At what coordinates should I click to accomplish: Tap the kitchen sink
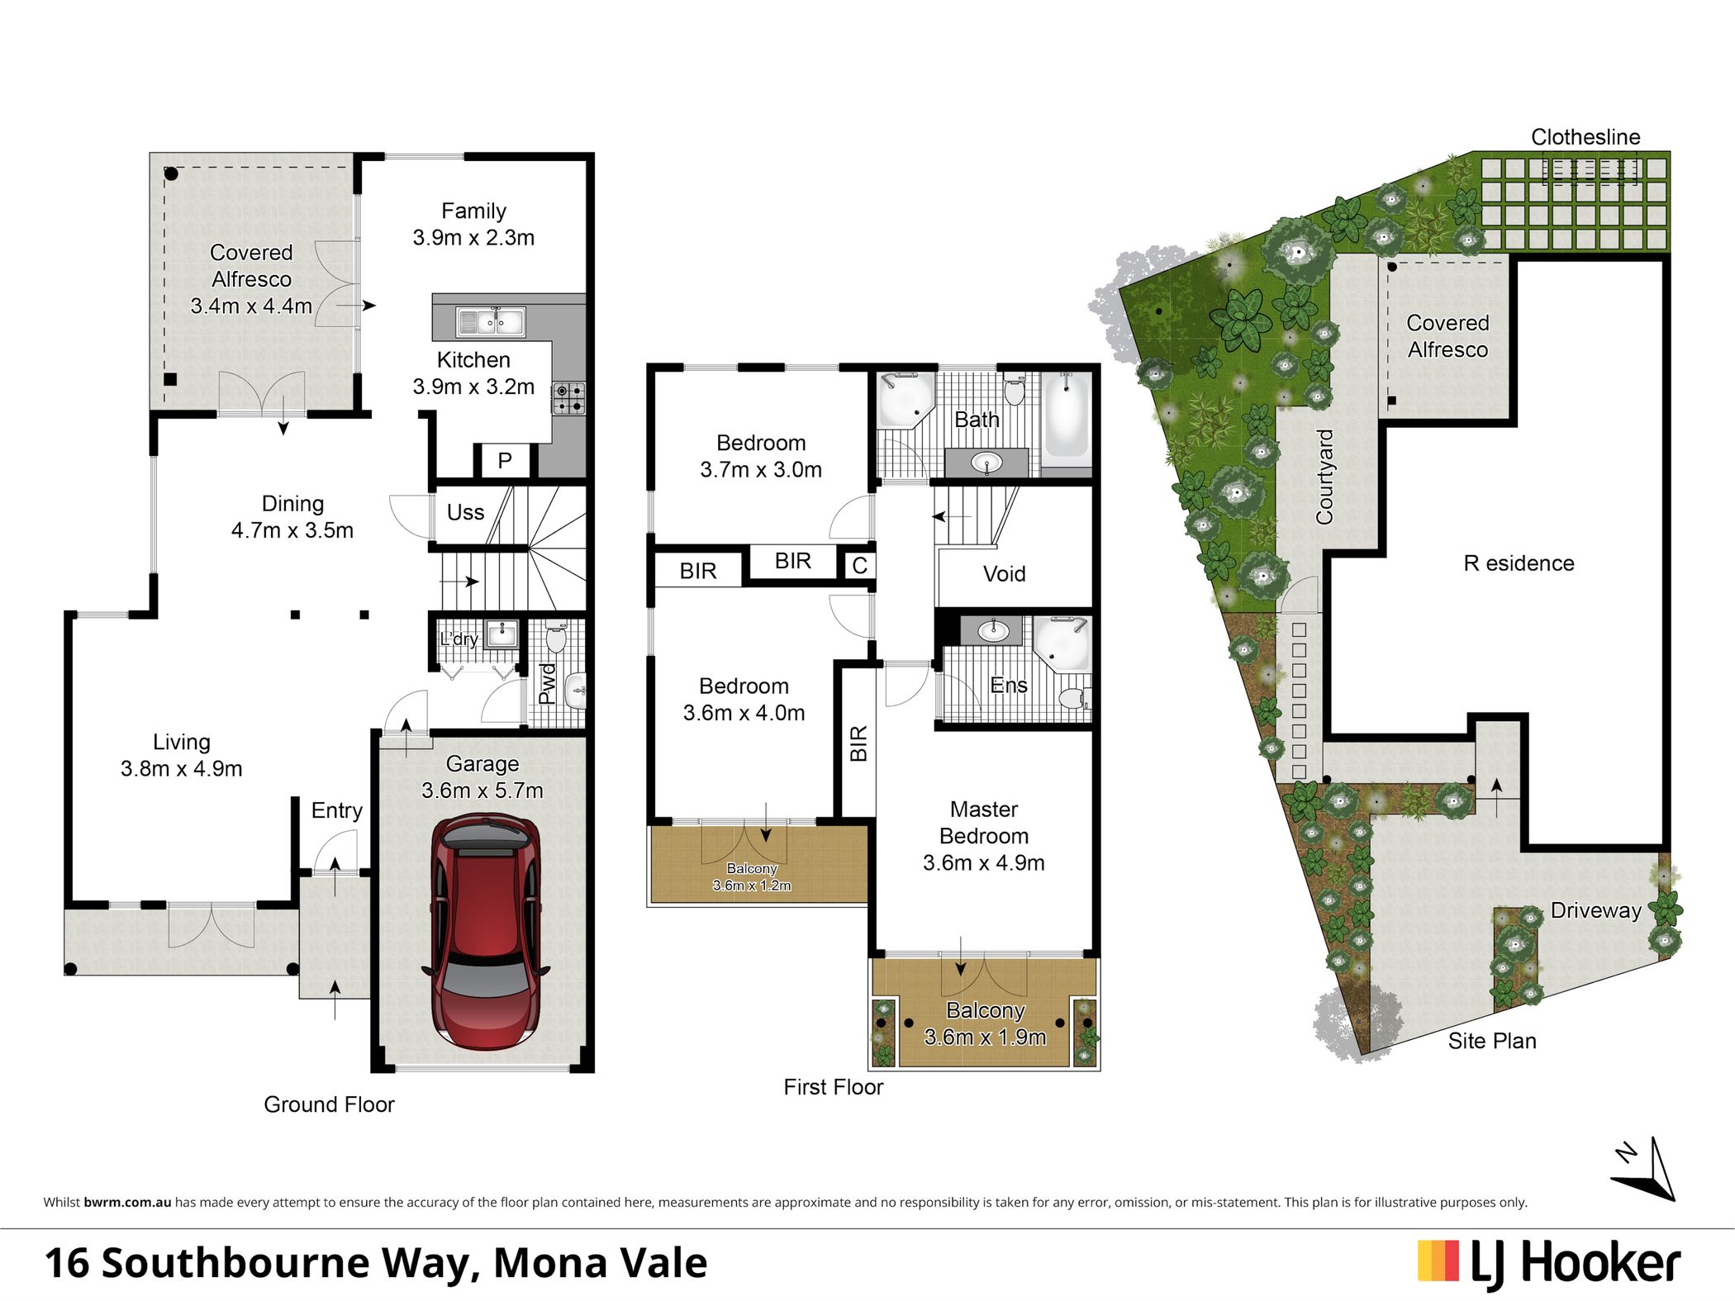tap(491, 321)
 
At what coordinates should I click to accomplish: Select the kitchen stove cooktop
tap(568, 398)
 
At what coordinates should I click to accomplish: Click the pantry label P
tap(505, 460)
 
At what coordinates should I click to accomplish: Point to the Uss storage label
tap(465, 512)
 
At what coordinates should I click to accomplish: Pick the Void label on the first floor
tap(1004, 573)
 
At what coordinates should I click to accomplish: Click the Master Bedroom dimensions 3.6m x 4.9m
tap(983, 862)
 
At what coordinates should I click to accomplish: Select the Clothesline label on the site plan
tap(1585, 137)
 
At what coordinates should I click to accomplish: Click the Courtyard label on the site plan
tap(1324, 477)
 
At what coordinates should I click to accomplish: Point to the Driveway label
tap(1595, 910)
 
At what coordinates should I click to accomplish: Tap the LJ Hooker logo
tap(1549, 1263)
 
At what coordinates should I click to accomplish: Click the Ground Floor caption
tap(329, 1104)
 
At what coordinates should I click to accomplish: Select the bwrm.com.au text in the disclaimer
tap(127, 1203)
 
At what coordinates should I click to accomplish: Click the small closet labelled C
tap(859, 565)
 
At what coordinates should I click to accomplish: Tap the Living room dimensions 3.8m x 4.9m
tap(181, 768)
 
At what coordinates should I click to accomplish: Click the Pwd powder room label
tap(546, 683)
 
